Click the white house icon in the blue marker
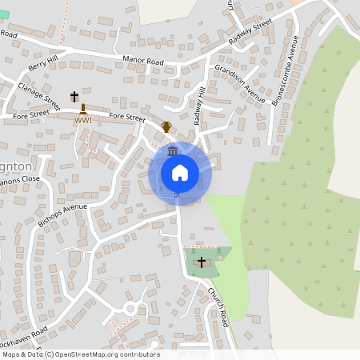(x=179, y=173)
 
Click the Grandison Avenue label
(x=239, y=84)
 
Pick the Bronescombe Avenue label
(x=286, y=71)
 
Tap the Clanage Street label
(x=39, y=94)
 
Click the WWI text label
(x=83, y=120)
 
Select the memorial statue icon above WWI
(x=82, y=108)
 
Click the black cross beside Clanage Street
(x=74, y=96)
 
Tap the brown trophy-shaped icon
(x=166, y=126)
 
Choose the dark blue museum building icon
(x=173, y=152)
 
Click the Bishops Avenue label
(x=62, y=211)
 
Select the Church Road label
(x=218, y=306)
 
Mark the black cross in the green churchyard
(x=201, y=262)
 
